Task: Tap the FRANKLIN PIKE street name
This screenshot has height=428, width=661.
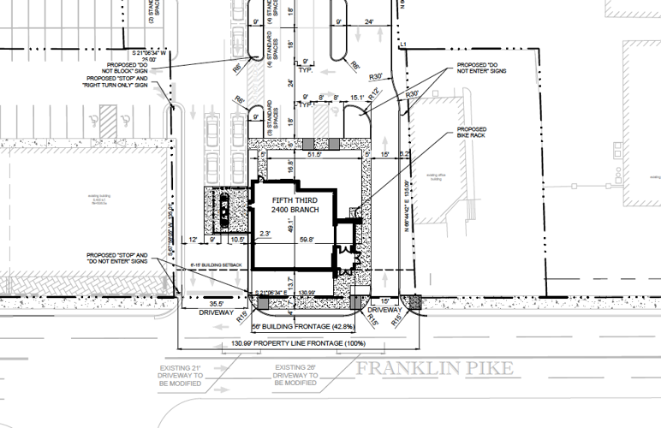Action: [435, 369]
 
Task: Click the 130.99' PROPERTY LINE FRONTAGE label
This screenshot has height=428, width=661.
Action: [298, 346]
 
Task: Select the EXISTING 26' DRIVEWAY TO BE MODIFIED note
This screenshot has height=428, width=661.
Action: [296, 375]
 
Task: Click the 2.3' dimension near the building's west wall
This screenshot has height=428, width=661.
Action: [268, 233]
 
